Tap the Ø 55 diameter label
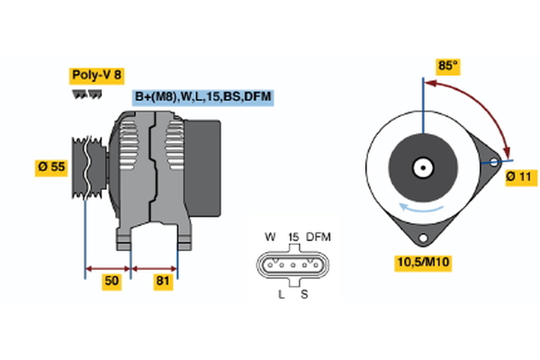(x=52, y=168)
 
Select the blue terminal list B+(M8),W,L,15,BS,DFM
(x=202, y=97)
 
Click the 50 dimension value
(x=112, y=282)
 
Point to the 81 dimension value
(x=163, y=282)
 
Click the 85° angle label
(x=447, y=66)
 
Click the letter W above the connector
(x=270, y=237)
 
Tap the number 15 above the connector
(x=292, y=237)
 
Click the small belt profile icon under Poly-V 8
(x=83, y=94)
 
